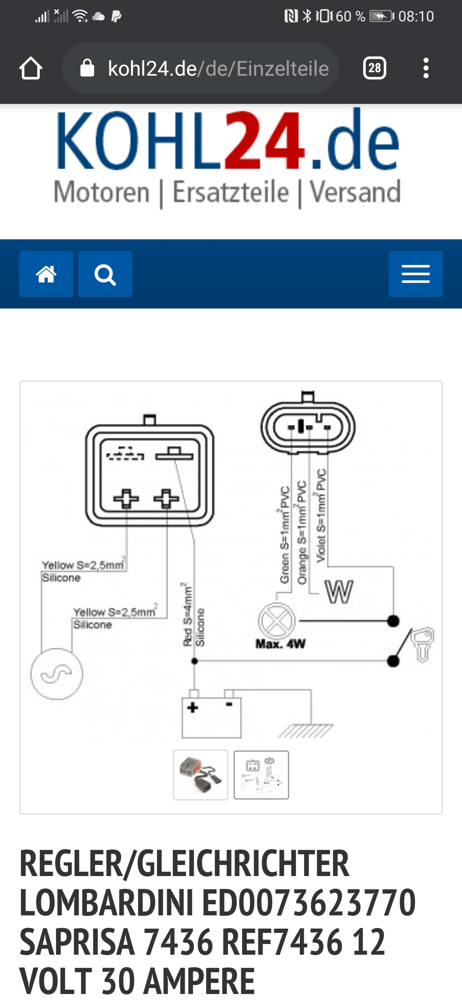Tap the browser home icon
31,68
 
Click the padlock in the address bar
87,68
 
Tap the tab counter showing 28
375,68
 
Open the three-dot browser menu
426,68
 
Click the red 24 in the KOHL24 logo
265,140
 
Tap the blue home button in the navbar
46,274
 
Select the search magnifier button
105,274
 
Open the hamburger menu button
415,274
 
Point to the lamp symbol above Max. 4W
277,621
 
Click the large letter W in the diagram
339,592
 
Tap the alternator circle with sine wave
56,674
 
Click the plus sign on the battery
193,707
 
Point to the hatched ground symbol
305,731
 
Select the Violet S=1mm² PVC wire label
321,515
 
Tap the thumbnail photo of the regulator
201,774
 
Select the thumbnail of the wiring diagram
261,774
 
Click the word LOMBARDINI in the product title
106,903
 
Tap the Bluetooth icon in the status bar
307,16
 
